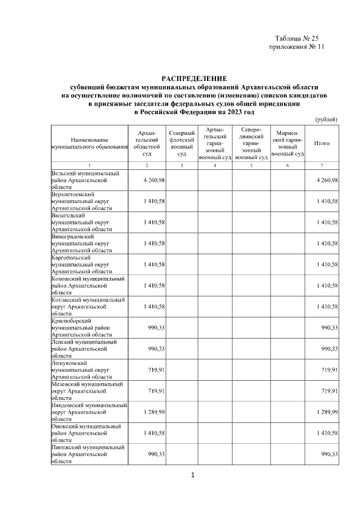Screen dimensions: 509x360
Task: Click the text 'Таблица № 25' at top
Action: [x=297, y=38]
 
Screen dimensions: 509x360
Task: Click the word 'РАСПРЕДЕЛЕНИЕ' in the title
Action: [x=193, y=78]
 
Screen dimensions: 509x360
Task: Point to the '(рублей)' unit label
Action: [x=326, y=119]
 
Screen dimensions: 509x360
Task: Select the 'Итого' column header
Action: [x=322, y=143]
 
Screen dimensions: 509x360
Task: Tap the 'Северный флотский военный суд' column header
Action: [x=182, y=143]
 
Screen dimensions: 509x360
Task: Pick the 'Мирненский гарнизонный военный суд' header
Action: [x=287, y=143]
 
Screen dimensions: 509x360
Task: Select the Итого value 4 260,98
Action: [x=326, y=180]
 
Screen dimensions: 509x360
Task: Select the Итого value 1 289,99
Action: [x=326, y=412]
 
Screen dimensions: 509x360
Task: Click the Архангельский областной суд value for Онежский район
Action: [x=154, y=433]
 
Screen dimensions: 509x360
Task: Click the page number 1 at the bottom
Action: [x=193, y=476]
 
